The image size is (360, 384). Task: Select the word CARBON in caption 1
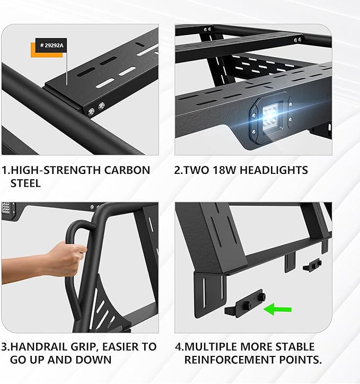click(126, 170)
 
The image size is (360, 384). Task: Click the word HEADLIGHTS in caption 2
click(276, 170)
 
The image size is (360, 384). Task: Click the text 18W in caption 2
click(229, 170)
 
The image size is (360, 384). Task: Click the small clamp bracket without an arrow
click(312, 264)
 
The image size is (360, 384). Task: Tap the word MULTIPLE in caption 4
click(210, 347)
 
